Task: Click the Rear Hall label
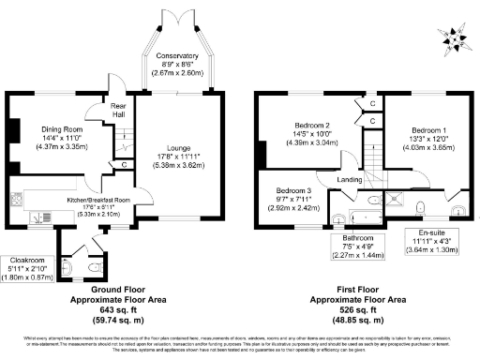[x=118, y=110]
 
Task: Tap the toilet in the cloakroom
[x=87, y=264]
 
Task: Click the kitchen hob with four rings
[x=16, y=200]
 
